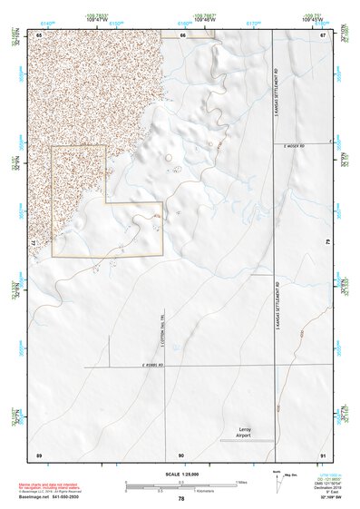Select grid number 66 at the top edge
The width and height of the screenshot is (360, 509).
pyautogui.click(x=182, y=34)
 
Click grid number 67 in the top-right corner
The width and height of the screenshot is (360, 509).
pyautogui.click(x=322, y=34)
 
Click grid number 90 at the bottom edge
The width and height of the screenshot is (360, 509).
pyautogui.click(x=181, y=454)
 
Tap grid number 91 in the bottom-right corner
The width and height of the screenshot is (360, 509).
pyautogui.click(x=322, y=454)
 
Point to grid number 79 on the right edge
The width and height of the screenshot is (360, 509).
pyautogui.click(x=327, y=244)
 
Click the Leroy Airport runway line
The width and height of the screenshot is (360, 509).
pyautogui.click(x=247, y=440)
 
